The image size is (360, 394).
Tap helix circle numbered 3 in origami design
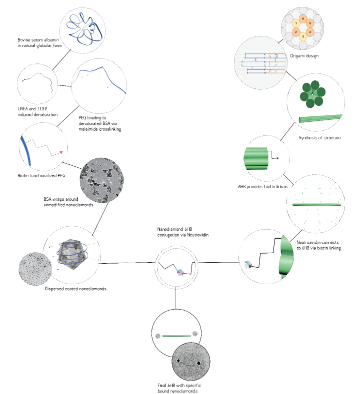point(303,36)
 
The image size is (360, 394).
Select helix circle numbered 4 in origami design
point(311,32)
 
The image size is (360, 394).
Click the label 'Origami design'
point(304,56)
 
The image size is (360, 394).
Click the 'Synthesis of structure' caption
point(319,138)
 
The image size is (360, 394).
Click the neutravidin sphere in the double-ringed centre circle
point(181,272)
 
